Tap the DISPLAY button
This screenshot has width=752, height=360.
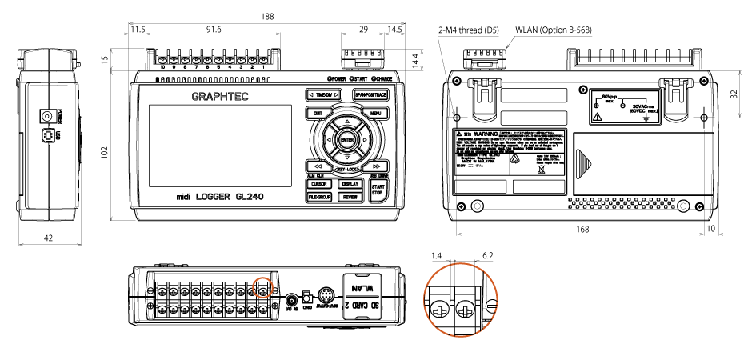point(348,183)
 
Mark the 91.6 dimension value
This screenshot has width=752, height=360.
point(214,30)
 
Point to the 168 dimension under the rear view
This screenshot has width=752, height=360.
point(582,230)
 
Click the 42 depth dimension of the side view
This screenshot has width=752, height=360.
point(48,238)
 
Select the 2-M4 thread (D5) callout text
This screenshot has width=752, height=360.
point(469,30)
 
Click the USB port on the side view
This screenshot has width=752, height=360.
point(51,136)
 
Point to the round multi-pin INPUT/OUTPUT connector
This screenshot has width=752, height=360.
point(326,294)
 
